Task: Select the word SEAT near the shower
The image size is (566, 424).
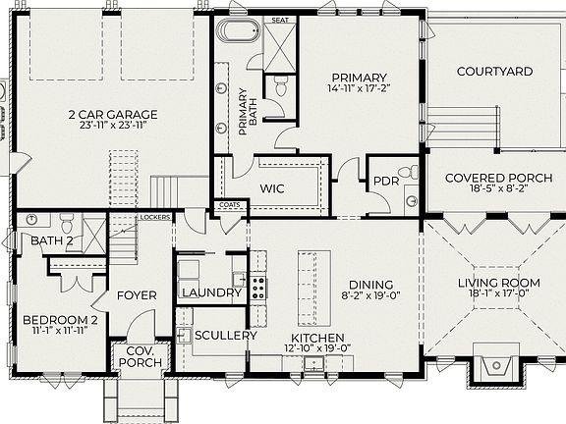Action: pyautogui.click(x=280, y=19)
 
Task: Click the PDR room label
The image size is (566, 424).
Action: pyautogui.click(x=384, y=181)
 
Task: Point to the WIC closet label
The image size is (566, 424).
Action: pyautogui.click(x=272, y=187)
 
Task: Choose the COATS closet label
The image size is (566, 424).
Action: pyautogui.click(x=229, y=205)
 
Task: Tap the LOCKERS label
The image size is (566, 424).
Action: pyautogui.click(x=155, y=216)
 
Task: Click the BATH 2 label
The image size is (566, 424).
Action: pyautogui.click(x=52, y=240)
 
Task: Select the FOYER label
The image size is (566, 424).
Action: pyautogui.click(x=138, y=294)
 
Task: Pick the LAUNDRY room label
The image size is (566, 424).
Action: pyautogui.click(x=211, y=292)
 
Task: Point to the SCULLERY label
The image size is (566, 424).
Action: pyautogui.click(x=225, y=335)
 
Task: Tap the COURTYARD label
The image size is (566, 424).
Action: pyautogui.click(x=495, y=72)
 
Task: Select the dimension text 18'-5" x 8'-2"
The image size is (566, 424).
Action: pyautogui.click(x=488, y=191)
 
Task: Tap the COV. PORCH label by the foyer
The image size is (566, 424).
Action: pyautogui.click(x=136, y=359)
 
